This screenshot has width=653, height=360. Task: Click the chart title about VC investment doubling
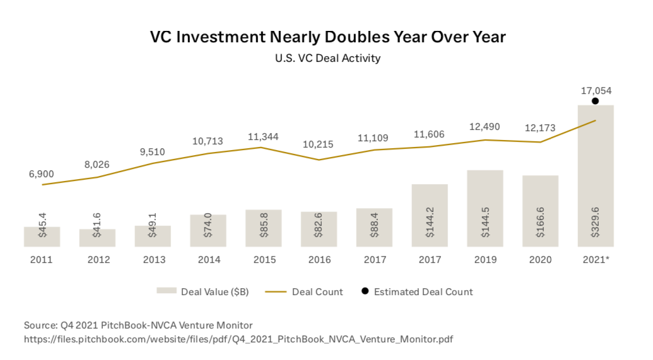pyautogui.click(x=327, y=37)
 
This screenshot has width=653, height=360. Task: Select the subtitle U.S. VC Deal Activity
pyautogui.click(x=327, y=59)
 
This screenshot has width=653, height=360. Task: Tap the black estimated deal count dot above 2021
pyautogui.click(x=596, y=101)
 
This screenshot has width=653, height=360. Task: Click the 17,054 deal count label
pyautogui.click(x=596, y=91)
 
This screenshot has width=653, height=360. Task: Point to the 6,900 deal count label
pyautogui.click(x=42, y=174)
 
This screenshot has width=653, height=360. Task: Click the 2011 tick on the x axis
pyautogui.click(x=42, y=260)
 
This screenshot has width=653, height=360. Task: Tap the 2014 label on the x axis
pyautogui.click(x=208, y=260)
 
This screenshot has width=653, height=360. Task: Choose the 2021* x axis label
pyautogui.click(x=596, y=260)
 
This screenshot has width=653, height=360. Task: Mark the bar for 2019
pyautogui.click(x=485, y=207)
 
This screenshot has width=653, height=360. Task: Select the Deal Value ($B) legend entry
pyautogui.click(x=204, y=292)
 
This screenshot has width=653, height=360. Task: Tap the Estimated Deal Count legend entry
pyautogui.click(x=416, y=292)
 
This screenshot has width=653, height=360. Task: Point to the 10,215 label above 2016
pyautogui.click(x=319, y=145)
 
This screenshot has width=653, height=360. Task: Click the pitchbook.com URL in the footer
pyautogui.click(x=238, y=339)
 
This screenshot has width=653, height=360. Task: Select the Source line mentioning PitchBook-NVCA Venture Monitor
pyautogui.click(x=138, y=325)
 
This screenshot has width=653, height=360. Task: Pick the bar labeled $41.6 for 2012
pyautogui.click(x=97, y=238)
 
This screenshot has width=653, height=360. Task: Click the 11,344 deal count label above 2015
pyautogui.click(x=263, y=137)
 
